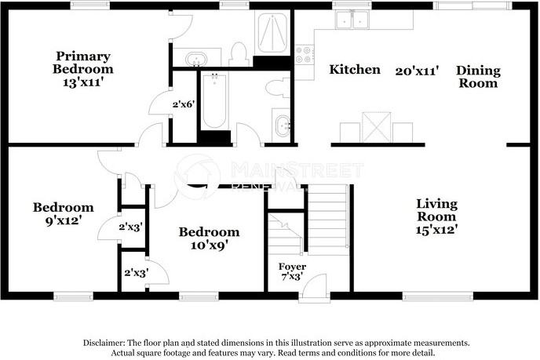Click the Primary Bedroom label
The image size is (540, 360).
[82, 63]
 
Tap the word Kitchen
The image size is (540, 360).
[355, 70]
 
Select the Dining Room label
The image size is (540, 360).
[478, 76]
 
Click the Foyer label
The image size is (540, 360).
[293, 267]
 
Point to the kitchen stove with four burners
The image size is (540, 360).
[304, 54]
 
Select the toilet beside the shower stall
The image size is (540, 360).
[239, 53]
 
